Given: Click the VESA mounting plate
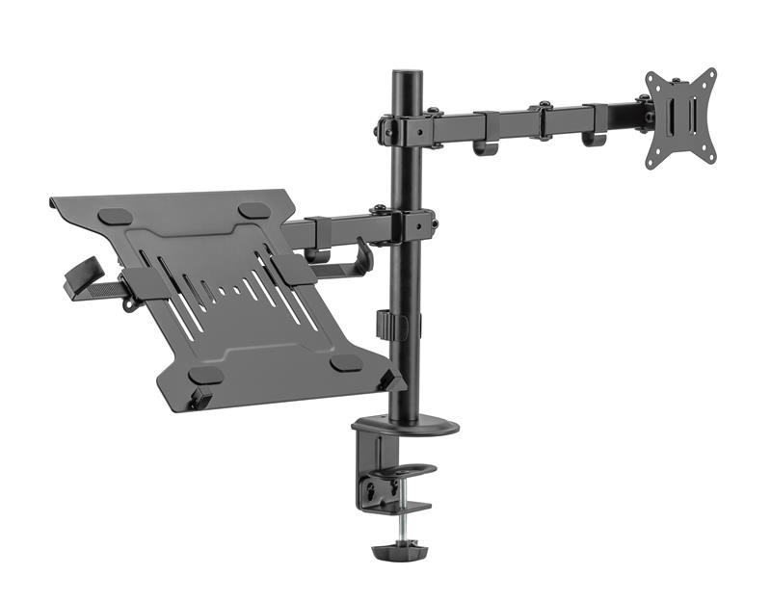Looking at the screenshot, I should (x=680, y=118).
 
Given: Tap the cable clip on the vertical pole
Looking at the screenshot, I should (x=391, y=325).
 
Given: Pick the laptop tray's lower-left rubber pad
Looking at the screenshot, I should (x=205, y=375).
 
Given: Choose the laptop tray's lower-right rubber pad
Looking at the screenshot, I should (x=346, y=363).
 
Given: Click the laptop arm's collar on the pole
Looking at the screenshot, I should (x=405, y=227).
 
